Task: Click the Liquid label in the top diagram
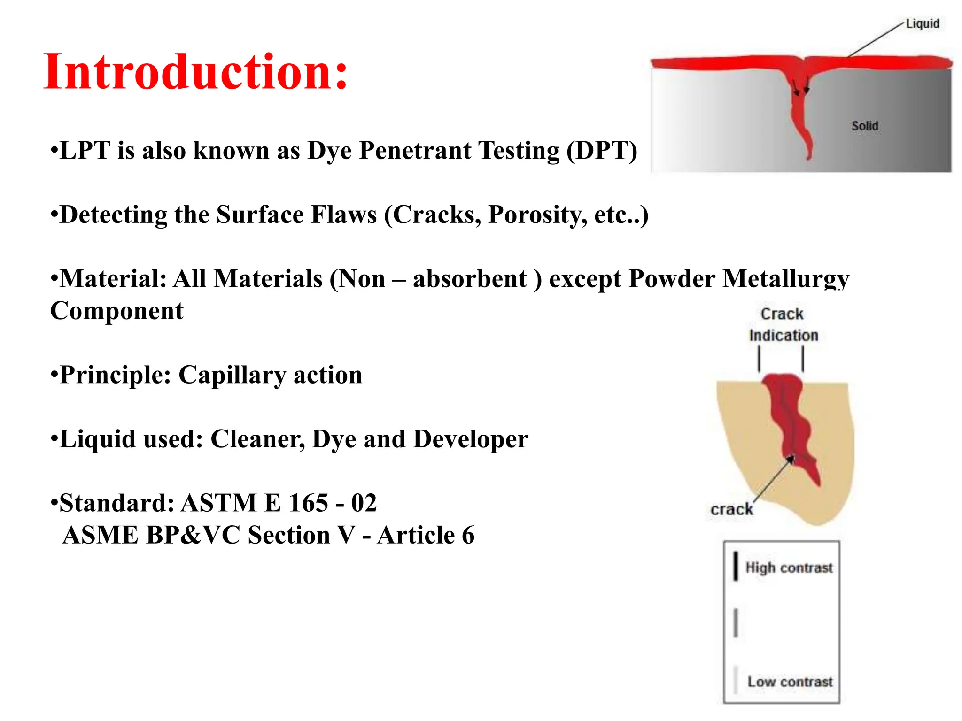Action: click(922, 23)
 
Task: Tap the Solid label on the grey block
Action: click(864, 126)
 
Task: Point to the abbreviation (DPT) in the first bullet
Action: click(602, 151)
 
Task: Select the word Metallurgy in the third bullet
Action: click(785, 279)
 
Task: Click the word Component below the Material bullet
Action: click(116, 311)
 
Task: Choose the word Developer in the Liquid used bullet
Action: click(471, 439)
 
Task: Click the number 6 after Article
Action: click(468, 535)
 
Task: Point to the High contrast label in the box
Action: click(789, 568)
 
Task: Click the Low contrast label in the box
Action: click(790, 682)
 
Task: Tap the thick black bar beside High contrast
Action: click(736, 566)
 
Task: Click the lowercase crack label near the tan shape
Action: click(731, 509)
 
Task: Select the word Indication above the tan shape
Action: click(784, 336)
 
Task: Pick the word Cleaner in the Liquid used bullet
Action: click(257, 439)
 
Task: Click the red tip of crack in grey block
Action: click(809, 153)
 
